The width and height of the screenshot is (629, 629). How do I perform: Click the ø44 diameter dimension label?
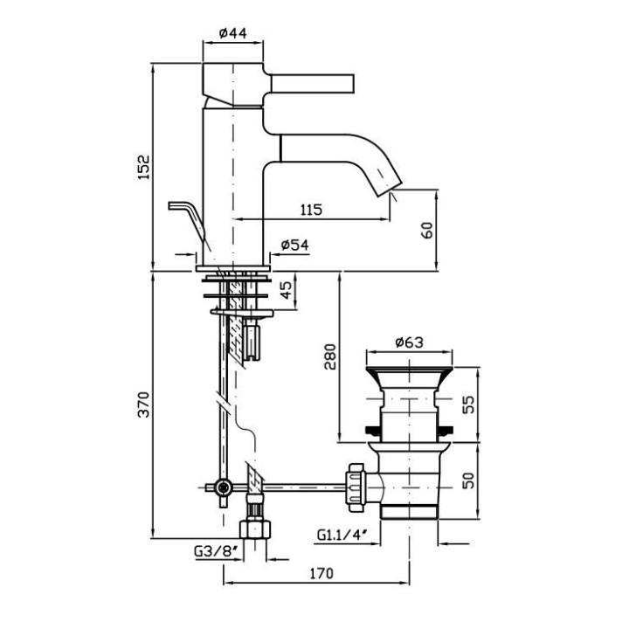tap(232, 33)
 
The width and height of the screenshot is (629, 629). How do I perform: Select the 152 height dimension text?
tap(145, 167)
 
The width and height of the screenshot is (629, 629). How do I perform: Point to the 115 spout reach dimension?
tap(311, 210)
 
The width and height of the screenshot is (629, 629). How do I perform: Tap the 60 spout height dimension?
tap(426, 229)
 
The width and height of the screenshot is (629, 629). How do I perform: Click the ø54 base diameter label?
tap(295, 246)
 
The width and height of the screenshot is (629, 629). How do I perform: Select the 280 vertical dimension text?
tap(329, 356)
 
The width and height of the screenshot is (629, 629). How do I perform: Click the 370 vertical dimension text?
tap(145, 404)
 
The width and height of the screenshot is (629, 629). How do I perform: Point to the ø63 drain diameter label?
tap(410, 343)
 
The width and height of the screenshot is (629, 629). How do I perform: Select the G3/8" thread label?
tap(214, 551)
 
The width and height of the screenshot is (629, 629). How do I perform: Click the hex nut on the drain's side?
tap(358, 485)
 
